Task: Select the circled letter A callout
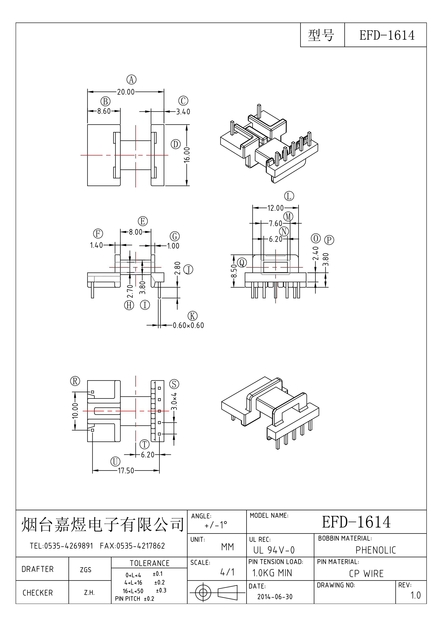(131, 80)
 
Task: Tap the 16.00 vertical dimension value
(187, 155)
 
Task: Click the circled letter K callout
(192, 316)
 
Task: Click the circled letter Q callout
(242, 263)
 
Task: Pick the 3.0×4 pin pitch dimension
(174, 401)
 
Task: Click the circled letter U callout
(115, 462)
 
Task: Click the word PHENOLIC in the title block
(376, 550)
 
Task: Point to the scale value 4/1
(227, 572)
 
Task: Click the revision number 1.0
(415, 595)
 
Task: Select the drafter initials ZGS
(85, 570)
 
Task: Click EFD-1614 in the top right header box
(387, 35)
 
